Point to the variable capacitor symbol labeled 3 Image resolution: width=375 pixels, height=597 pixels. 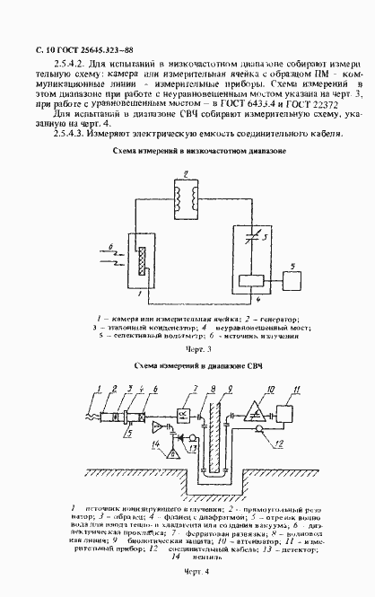pyautogui.click(x=252, y=236)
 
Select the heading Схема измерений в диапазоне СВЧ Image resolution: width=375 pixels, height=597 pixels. pyautogui.click(x=187, y=366)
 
